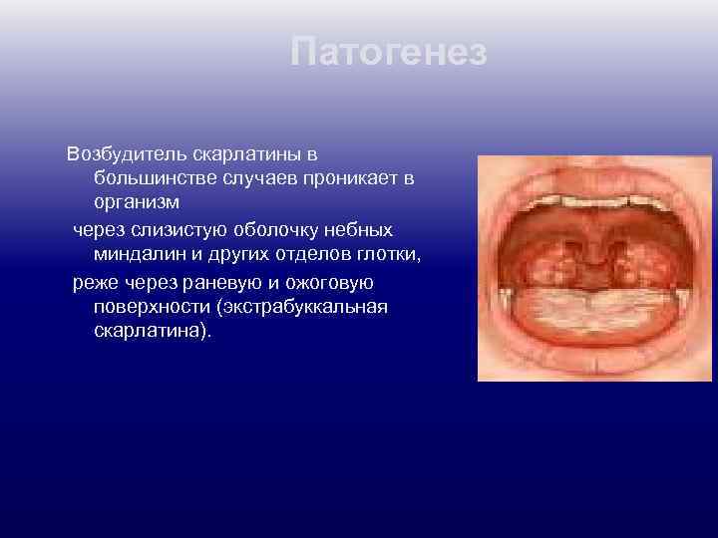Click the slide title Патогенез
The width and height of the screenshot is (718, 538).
click(389, 52)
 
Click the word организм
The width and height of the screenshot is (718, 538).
click(137, 202)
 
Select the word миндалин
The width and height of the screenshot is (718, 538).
click(137, 254)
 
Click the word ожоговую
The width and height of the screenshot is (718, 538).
click(326, 282)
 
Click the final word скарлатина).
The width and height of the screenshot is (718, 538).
click(153, 331)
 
